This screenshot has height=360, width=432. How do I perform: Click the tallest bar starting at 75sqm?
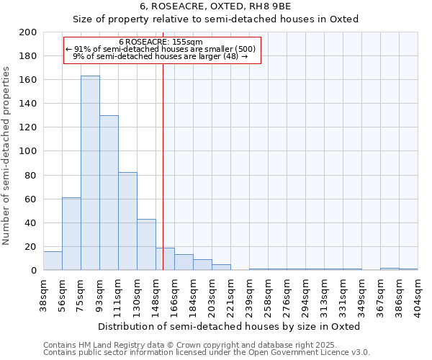pos(90,173)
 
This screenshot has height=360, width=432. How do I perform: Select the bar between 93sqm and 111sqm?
pos(109,193)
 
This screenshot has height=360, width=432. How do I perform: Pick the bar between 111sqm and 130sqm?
pos(127,221)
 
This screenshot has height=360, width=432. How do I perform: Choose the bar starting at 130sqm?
pos(146,245)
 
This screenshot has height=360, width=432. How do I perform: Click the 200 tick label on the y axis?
pos(28,32)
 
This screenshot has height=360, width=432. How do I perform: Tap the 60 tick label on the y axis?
pos(31,199)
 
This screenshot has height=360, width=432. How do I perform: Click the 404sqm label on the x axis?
pos(418,292)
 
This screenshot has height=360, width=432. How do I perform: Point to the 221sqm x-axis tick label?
pos(230,292)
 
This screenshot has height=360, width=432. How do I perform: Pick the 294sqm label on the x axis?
pos(305,292)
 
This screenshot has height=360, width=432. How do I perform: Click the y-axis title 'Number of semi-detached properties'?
pos(6,156)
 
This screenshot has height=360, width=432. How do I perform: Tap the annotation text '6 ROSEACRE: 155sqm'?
pos(161,42)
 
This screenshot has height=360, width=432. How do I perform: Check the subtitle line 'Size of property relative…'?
pos(216,19)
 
